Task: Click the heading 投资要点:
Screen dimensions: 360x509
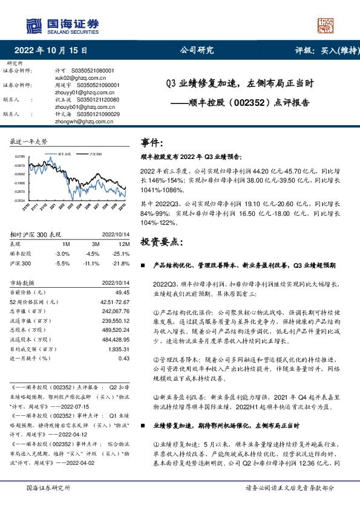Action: (x=161, y=242)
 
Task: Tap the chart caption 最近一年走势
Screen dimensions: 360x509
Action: (x=28, y=141)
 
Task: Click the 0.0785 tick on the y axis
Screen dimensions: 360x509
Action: (x=20, y=156)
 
